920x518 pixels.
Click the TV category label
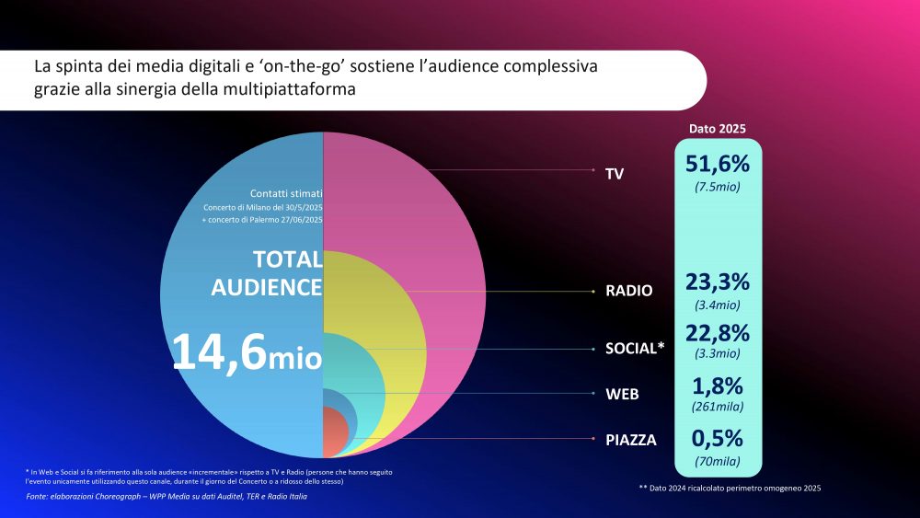[x=615, y=173]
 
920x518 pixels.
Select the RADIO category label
[x=628, y=291]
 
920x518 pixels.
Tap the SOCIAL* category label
[x=635, y=350]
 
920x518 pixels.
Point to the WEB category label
[x=621, y=394]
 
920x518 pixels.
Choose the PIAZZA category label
[x=631, y=440]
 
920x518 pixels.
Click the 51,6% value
[x=718, y=164]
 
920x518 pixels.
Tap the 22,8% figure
[x=718, y=332]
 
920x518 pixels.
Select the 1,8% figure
[x=718, y=386]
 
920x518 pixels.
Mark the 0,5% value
[x=718, y=439]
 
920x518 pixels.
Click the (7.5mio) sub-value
[x=718, y=187]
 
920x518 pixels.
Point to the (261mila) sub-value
[x=718, y=407]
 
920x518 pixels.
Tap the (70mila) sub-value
[x=718, y=461]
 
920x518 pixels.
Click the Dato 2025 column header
[x=718, y=129]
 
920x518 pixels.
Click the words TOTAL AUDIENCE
[x=267, y=273]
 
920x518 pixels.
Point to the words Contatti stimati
[x=285, y=193]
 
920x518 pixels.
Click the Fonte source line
[x=167, y=497]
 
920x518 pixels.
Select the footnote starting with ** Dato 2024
[x=730, y=487]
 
